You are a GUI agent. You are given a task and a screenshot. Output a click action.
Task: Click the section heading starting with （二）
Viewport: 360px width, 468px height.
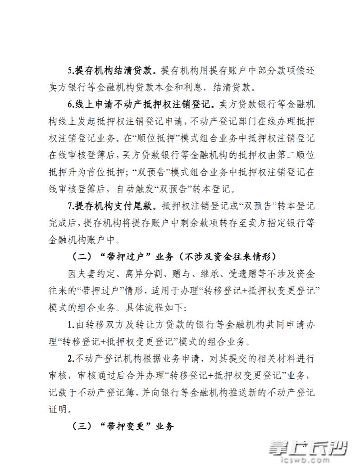click(x=175, y=256)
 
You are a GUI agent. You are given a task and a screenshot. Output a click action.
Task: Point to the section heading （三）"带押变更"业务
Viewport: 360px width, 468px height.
click(x=123, y=427)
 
